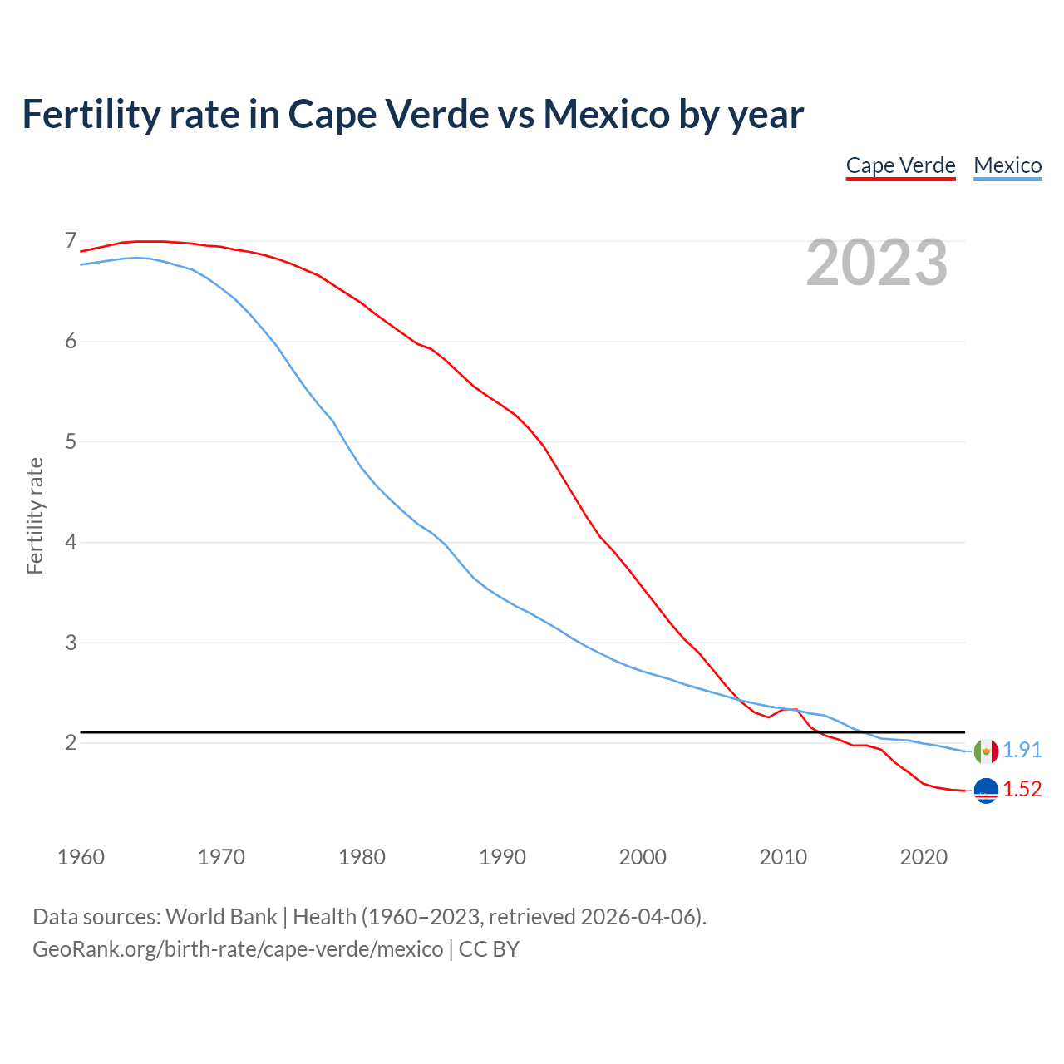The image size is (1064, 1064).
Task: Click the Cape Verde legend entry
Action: click(900, 165)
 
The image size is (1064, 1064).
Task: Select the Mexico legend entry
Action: click(1007, 165)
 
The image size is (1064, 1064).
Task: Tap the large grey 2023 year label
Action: click(877, 263)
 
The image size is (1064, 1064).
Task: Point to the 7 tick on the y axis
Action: click(71, 241)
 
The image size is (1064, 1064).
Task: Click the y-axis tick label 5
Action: click(71, 441)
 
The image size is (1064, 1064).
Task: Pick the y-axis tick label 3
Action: click(71, 643)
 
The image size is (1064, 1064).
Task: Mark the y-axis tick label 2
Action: click(71, 742)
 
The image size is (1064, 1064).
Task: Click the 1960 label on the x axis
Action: click(81, 857)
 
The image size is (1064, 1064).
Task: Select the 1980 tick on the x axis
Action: click(362, 857)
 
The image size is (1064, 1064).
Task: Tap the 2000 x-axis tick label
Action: click(643, 857)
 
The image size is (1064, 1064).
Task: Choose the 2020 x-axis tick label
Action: click(924, 857)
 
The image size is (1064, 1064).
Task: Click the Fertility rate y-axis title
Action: click(35, 515)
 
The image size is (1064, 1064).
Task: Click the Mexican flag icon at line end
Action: click(986, 751)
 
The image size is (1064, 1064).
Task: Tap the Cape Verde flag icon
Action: click(986, 791)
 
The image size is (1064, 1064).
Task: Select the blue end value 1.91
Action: click(1022, 750)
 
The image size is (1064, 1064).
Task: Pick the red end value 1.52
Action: click(1022, 790)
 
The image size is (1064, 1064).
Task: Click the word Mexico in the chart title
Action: click(606, 114)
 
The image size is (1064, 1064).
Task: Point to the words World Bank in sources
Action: click(221, 917)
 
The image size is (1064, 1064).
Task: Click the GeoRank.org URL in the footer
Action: click(238, 949)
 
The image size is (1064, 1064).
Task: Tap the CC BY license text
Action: click(489, 949)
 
